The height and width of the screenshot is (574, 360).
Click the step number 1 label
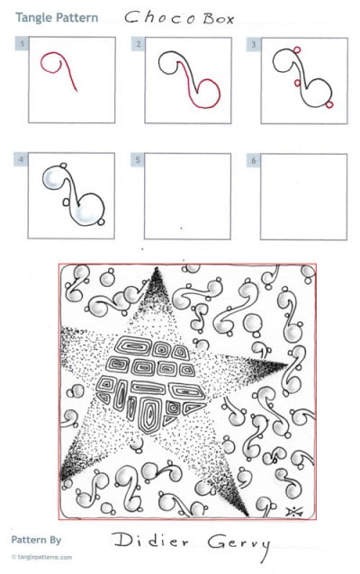tap(22, 43)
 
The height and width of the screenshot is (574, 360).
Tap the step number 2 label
tap(138, 43)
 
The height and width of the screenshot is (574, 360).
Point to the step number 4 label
tap(22, 159)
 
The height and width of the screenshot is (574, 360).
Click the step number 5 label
tap(138, 159)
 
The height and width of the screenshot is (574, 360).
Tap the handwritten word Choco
tap(157, 16)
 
